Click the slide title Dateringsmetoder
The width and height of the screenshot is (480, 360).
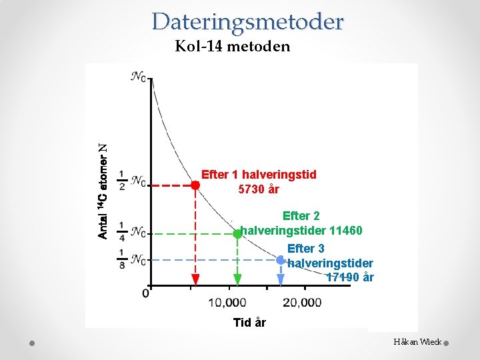point(247,22)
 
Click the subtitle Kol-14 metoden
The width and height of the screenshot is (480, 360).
point(232,47)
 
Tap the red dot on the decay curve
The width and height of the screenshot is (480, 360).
point(195,185)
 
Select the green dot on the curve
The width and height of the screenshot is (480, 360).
point(237,234)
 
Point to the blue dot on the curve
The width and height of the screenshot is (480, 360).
point(280,259)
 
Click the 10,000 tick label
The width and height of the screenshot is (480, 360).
point(227,303)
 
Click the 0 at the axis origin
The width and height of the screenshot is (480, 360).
point(145,293)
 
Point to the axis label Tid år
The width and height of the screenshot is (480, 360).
point(249,323)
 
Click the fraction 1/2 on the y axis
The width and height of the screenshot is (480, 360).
point(122,180)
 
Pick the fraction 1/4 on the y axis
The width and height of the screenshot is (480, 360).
point(122,231)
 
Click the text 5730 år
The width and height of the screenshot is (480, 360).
point(259,189)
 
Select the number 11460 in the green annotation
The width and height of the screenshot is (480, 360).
point(343,231)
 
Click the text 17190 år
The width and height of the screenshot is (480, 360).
point(350,277)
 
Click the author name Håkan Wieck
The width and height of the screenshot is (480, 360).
point(417,341)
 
